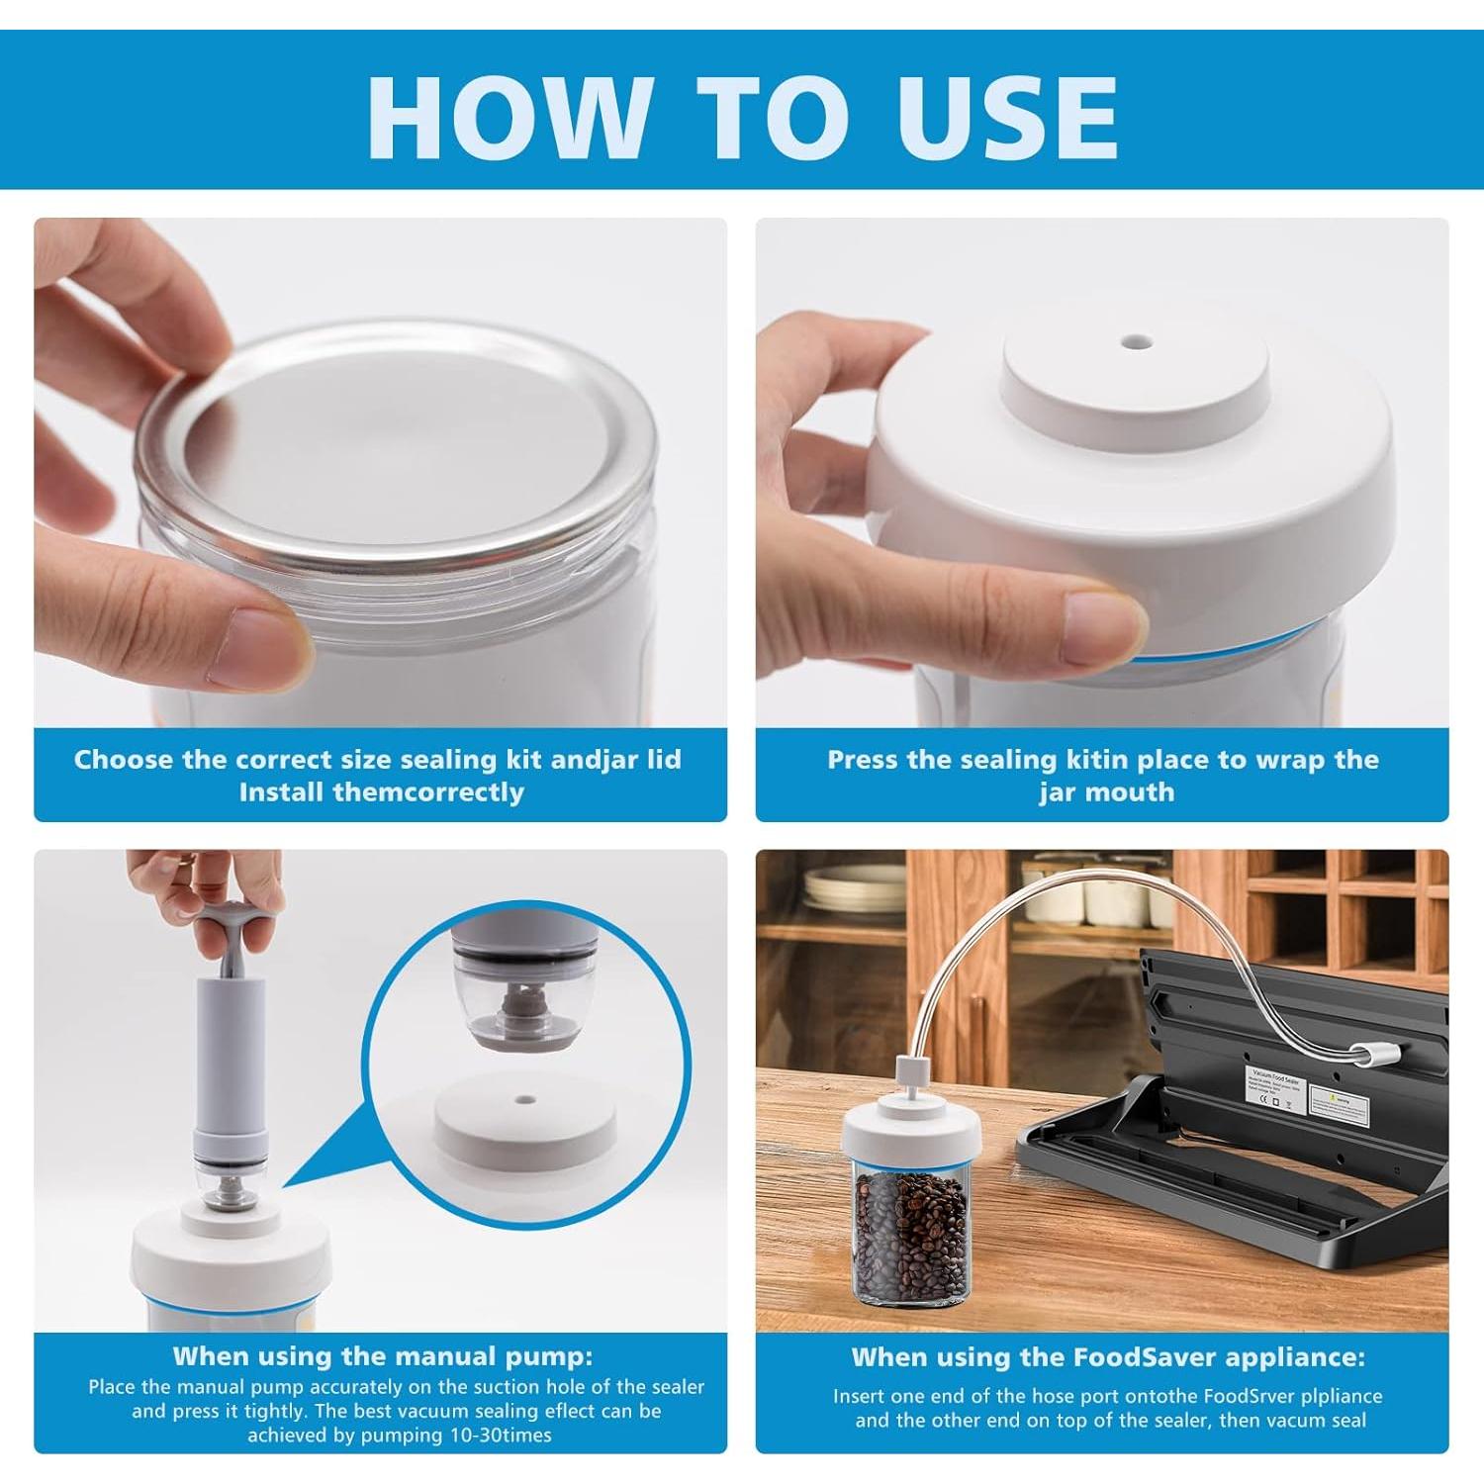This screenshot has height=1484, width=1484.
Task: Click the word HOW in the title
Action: point(509,116)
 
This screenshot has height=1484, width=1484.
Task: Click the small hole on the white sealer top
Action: point(1135,344)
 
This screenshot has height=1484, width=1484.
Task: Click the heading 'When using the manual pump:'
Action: point(382,1355)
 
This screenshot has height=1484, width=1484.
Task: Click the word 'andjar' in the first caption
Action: point(590,760)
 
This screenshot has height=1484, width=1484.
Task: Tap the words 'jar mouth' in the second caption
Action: point(1106,792)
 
